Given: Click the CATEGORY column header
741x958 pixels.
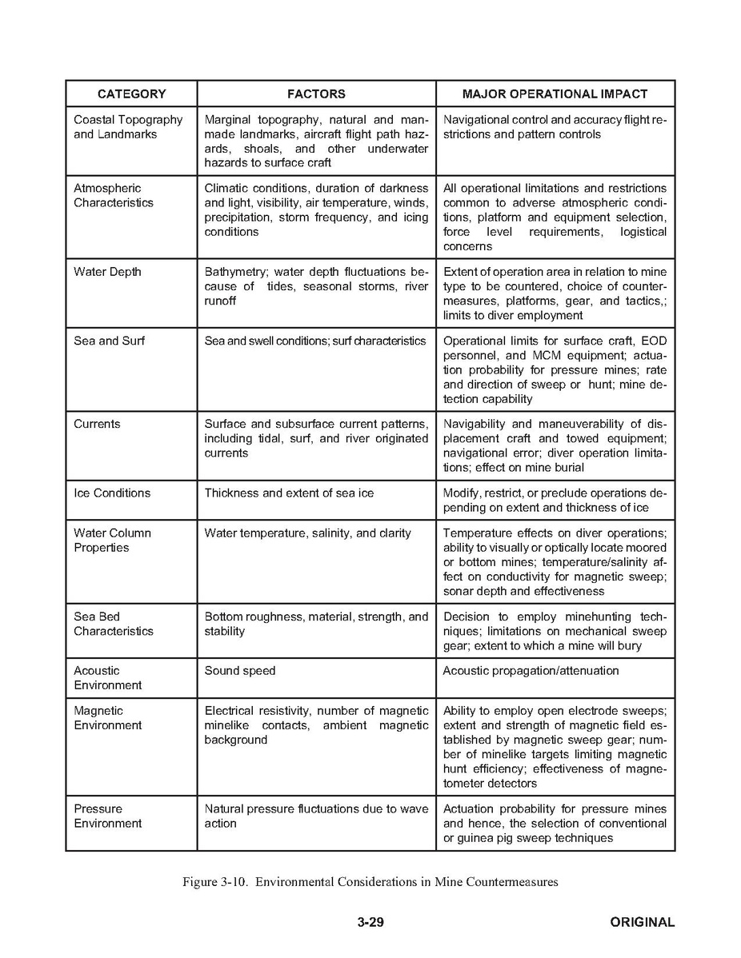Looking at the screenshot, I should pos(131,94).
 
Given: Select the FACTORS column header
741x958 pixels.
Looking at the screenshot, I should pos(316,94).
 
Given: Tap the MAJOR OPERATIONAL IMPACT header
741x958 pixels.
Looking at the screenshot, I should pos(555,94).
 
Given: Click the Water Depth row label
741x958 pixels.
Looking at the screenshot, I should pos(107,272).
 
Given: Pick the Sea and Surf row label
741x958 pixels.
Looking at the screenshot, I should pos(109,341).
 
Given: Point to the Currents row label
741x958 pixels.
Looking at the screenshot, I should pos(97,424).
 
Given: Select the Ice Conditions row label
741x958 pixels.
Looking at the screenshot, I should pos(112,493).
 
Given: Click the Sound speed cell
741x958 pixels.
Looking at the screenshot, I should pos(239,670).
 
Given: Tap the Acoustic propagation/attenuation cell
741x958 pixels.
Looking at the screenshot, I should pos(531,670).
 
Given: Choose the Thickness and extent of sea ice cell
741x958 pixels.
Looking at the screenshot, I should pos(289,493).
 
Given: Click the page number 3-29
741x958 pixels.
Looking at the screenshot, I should pos(370,922).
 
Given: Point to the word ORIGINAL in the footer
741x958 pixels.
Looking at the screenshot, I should pos(642,922).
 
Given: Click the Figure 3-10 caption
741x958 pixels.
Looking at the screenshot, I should pos(370,882).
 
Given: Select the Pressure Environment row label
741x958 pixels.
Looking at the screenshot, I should pos(107,816).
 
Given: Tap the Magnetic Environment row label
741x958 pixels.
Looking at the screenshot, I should pos(107,717).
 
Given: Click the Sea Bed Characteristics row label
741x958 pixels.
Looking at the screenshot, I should pos(113,624).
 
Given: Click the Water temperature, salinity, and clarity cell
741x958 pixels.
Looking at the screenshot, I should pos(307,533).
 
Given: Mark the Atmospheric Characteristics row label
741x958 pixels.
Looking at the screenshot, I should pos(113,195).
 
